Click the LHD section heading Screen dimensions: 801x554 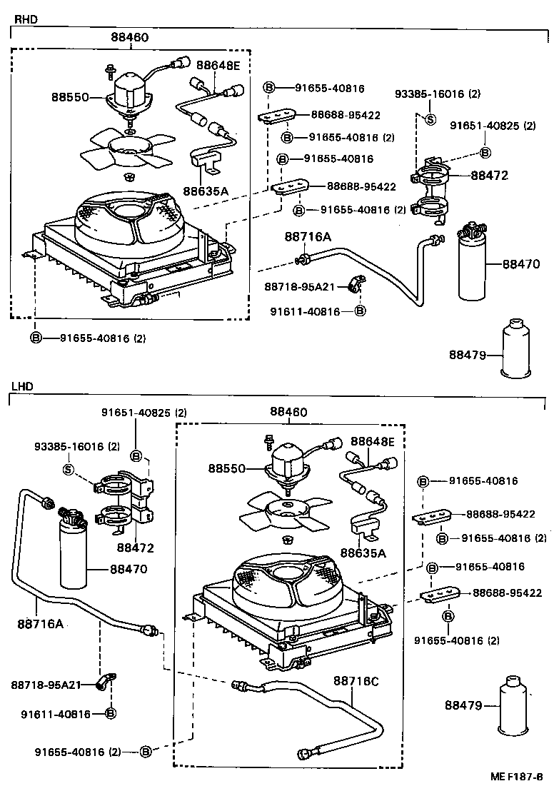[23, 386]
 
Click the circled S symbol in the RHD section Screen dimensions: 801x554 [430, 119]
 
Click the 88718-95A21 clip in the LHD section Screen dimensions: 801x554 [106, 682]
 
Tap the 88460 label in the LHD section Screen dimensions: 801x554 [288, 412]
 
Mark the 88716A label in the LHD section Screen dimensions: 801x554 [41, 623]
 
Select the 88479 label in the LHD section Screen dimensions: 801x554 [463, 705]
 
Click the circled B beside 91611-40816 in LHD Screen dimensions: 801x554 [111, 713]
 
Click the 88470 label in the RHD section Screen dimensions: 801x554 [520, 263]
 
